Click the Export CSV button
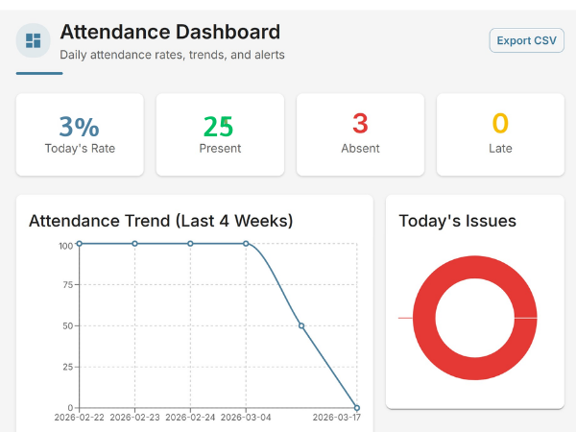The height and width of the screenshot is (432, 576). click(526, 40)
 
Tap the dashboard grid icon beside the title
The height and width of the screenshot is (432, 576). click(34, 40)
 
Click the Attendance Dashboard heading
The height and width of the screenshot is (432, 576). click(170, 32)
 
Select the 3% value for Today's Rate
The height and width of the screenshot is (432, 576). click(80, 126)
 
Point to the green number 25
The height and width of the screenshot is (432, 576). click(219, 126)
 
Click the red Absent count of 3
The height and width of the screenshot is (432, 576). click(360, 124)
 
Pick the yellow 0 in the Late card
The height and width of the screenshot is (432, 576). click(500, 124)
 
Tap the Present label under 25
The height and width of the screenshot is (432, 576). click(220, 149)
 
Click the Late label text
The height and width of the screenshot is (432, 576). click(500, 149)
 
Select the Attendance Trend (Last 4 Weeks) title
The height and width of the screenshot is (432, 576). click(161, 221)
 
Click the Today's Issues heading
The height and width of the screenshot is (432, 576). click(457, 221)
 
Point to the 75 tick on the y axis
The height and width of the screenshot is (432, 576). click(66, 285)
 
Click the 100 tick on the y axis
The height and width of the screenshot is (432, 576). click(65, 245)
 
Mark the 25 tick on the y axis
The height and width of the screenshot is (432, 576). click(66, 367)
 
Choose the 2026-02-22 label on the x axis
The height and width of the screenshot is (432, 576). click(80, 418)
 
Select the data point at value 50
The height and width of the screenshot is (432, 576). click(301, 325)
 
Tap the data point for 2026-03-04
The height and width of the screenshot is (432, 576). click(246, 244)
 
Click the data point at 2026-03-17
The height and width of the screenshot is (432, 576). click(356, 407)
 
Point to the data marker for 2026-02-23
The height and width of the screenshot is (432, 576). click(134, 244)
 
